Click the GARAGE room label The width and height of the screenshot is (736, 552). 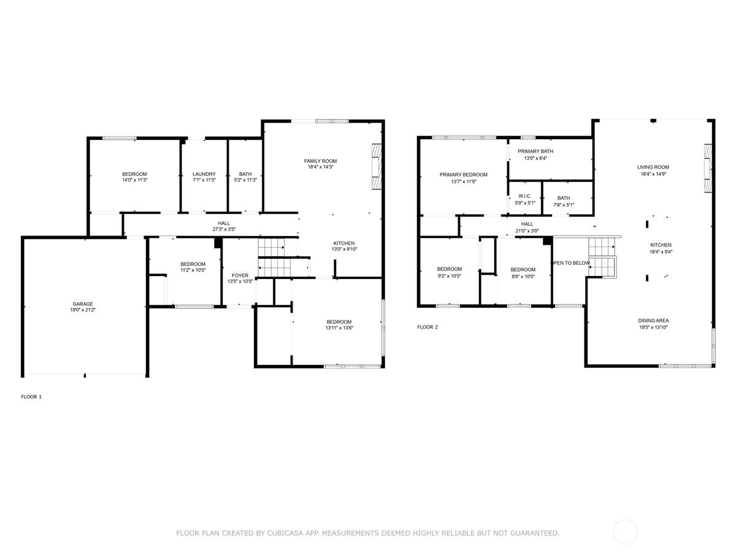tap(83, 304)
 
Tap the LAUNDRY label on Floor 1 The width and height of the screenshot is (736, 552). tap(204, 174)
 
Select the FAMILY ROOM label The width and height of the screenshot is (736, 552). tap(320, 161)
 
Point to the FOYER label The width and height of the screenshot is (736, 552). tap(240, 275)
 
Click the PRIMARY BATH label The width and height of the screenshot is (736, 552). tap(535, 151)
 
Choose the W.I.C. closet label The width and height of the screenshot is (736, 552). tap(524, 196)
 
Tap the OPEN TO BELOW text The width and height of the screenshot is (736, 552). tap(570, 263)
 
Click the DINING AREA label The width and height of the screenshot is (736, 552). tap(653, 320)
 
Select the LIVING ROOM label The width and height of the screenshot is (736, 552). tap(653, 167)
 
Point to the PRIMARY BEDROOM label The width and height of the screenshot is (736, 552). tap(464, 175)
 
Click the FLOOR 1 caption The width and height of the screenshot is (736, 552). tap(31, 397)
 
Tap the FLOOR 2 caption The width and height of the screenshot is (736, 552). tap(427, 327)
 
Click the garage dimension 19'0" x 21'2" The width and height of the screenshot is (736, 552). tap(83, 310)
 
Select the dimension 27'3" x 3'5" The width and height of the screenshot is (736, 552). tap(224, 229)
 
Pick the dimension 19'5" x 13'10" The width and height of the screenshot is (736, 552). tap(653, 327)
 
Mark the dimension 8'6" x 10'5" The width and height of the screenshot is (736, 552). tap(523, 277)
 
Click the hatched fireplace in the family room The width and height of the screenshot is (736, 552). tap(377, 167)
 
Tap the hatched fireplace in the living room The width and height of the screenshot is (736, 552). tap(708, 168)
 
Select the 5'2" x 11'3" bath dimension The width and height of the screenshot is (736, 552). tap(245, 180)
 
